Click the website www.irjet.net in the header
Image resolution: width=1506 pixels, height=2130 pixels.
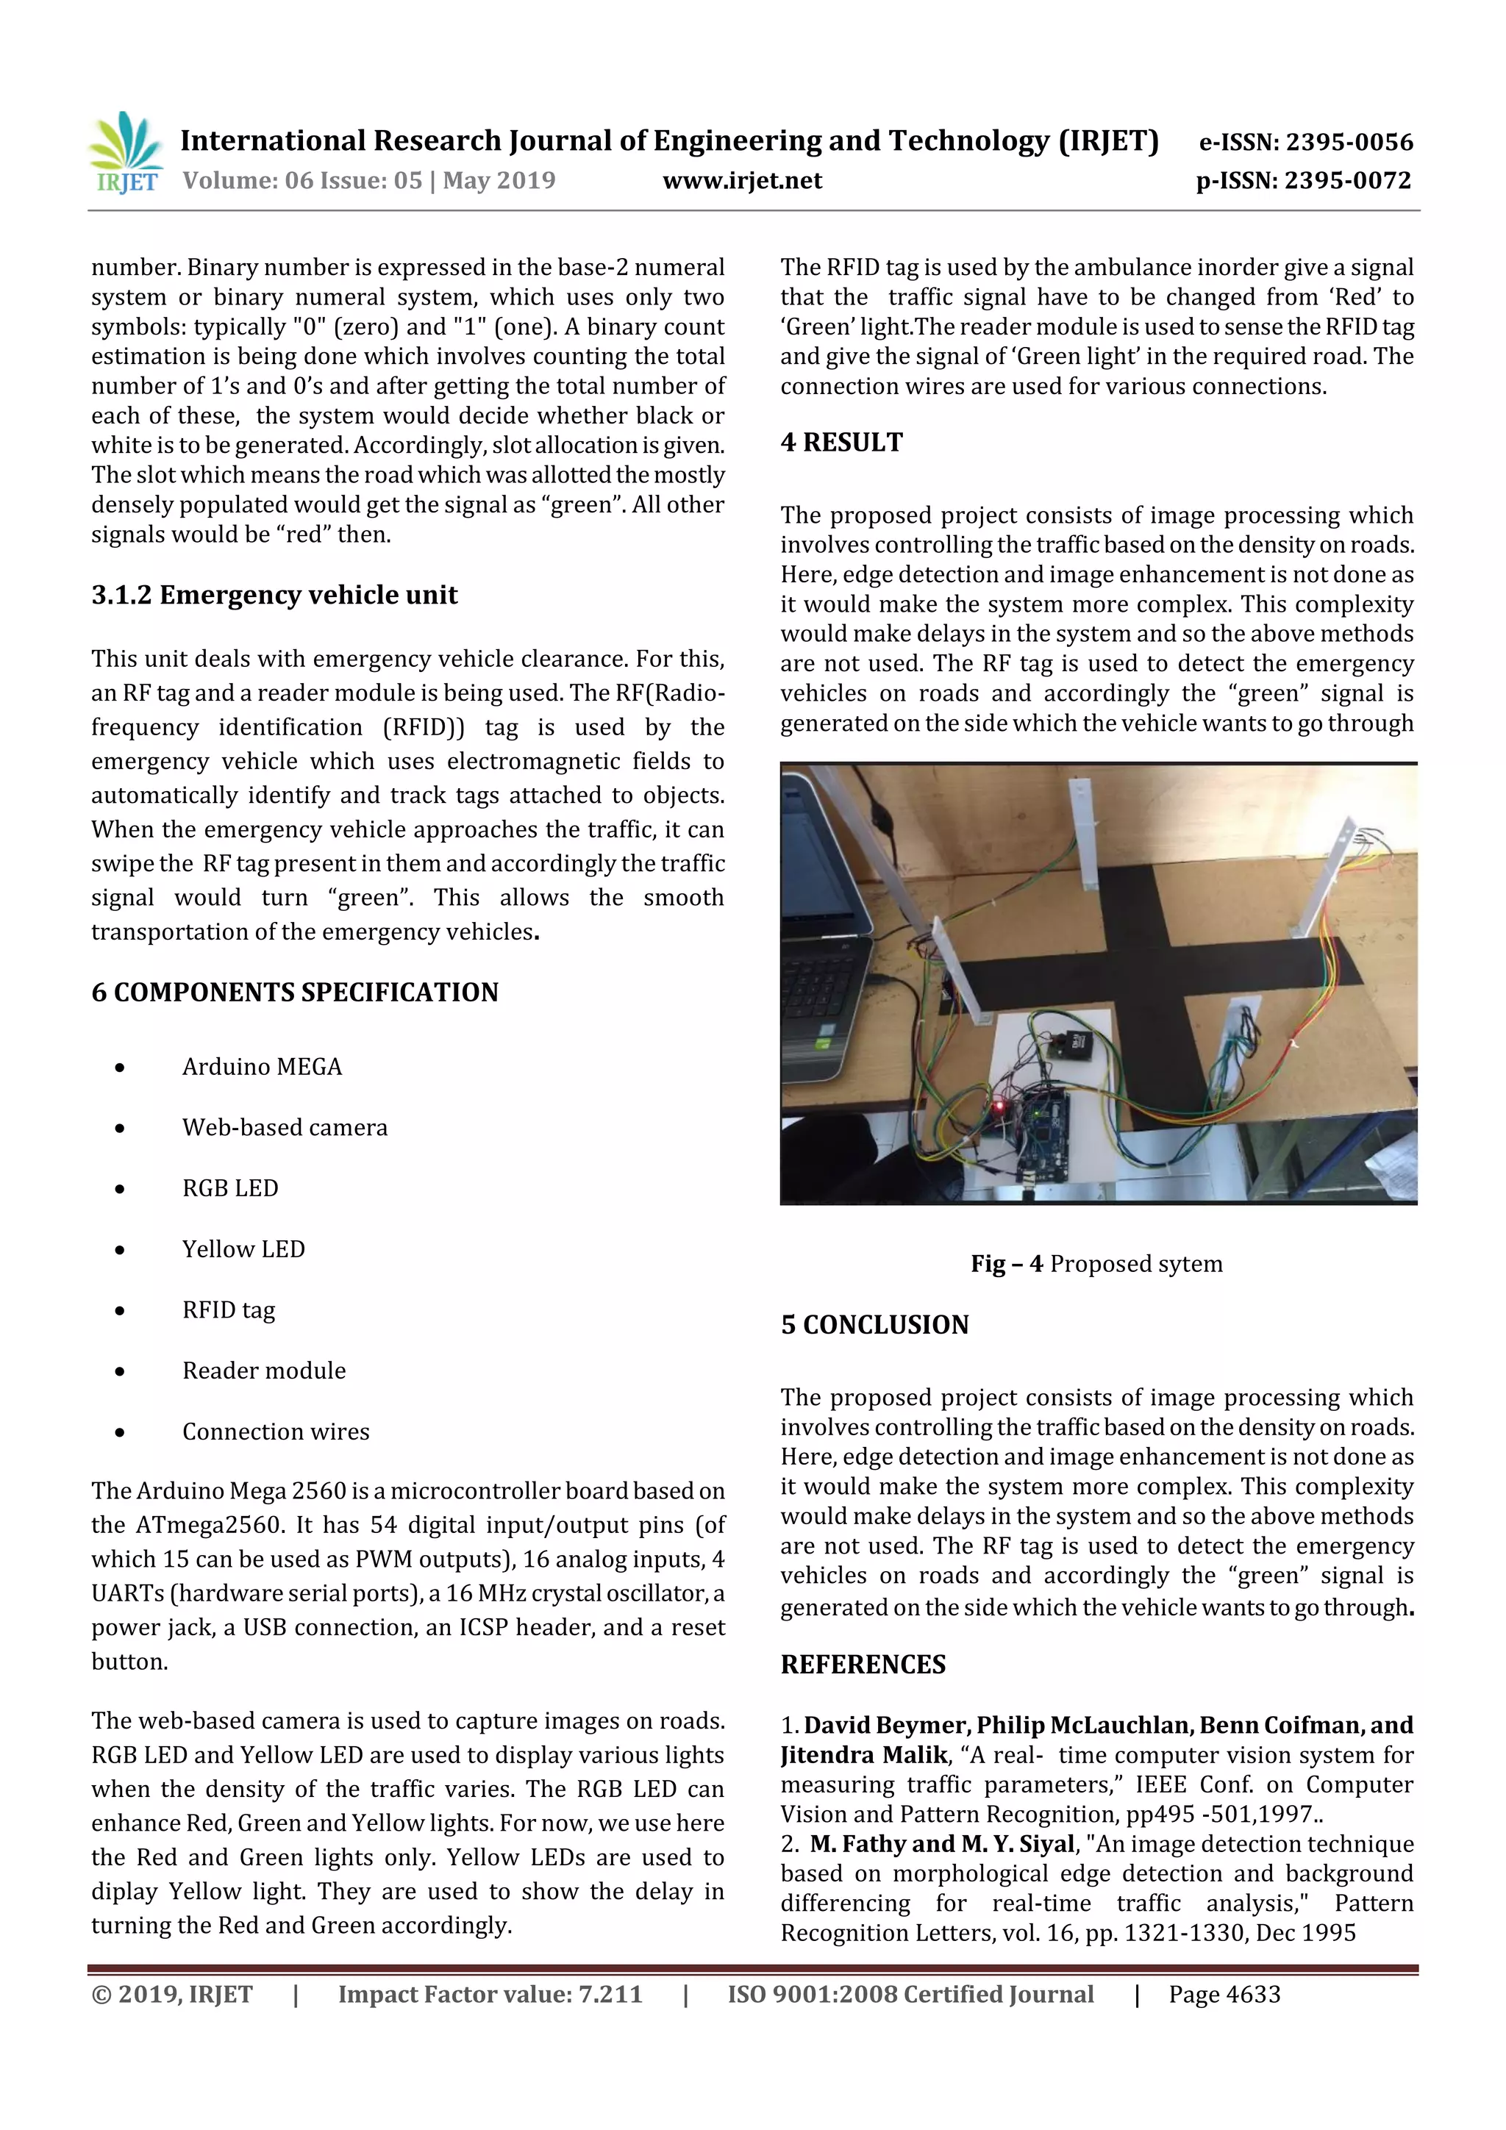(741, 181)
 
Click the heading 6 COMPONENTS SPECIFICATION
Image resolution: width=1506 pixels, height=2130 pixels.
(294, 992)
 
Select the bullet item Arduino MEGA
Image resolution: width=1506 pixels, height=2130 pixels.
(262, 1067)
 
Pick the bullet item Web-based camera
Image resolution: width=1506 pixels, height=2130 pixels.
(284, 1127)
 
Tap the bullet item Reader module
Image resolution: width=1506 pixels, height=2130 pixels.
(263, 1370)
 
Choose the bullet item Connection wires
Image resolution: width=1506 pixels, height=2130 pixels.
(276, 1432)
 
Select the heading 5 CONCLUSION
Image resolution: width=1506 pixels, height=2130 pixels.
(874, 1324)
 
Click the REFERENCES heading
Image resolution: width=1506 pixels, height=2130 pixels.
(863, 1665)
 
